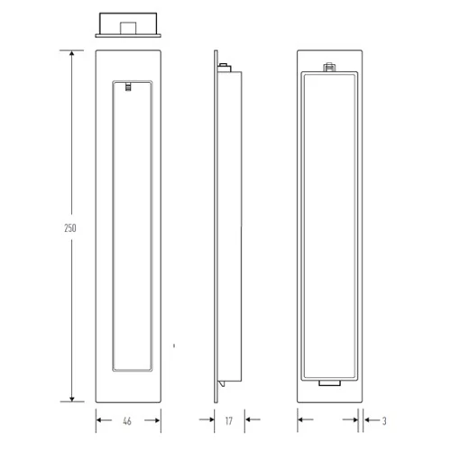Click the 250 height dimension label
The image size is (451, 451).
coord(70,228)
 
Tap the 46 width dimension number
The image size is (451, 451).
coord(127,421)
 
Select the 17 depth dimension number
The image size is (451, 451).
coord(229,421)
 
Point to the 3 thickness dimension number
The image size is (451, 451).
coord(384,421)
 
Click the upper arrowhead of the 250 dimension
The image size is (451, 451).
coord(71,53)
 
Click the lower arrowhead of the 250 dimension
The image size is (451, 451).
coord(72,399)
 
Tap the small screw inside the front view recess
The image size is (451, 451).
coord(128,87)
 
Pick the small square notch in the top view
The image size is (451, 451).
coord(128,28)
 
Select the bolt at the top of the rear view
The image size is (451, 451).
coord(329,67)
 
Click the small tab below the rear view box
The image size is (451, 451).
coord(329,383)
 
